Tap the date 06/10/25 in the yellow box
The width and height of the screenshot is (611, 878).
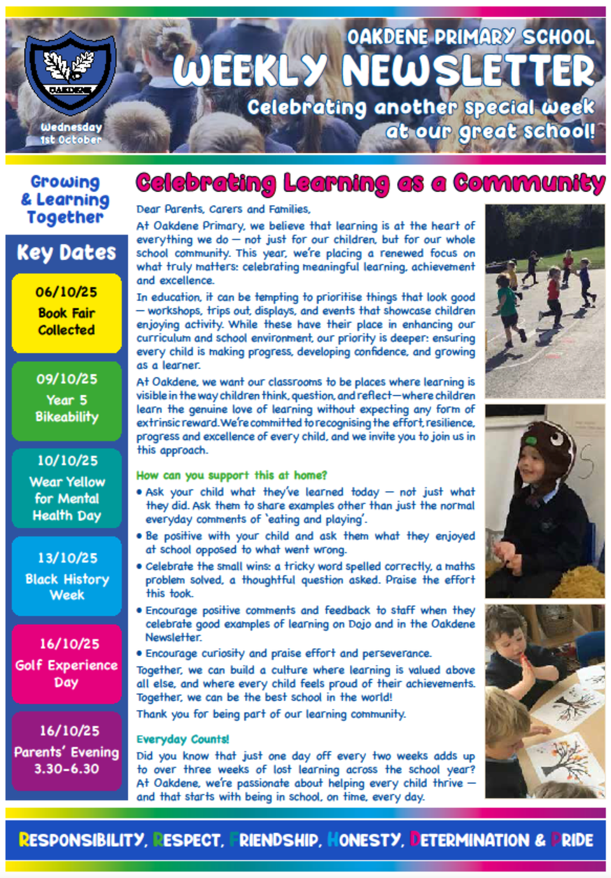coord(66,292)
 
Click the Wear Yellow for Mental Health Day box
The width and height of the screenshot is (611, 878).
coord(66,489)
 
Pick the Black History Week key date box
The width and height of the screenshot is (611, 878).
coord(66,576)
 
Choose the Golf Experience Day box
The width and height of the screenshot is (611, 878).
coord(66,664)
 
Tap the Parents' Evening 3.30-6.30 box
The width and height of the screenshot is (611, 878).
coord(66,751)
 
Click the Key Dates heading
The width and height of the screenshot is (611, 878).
coord(66,253)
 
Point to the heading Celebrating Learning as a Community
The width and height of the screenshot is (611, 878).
coord(370,183)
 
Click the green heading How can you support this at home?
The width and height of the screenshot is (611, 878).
coord(232,475)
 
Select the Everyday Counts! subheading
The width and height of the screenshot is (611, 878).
coord(183,739)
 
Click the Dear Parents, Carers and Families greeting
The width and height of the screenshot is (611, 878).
coord(223,209)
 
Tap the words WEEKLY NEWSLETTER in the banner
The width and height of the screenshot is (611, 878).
coord(384,71)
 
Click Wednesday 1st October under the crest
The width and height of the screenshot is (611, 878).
coord(71,133)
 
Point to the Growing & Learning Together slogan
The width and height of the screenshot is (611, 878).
coord(66,200)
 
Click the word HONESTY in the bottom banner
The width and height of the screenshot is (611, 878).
coord(365,840)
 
